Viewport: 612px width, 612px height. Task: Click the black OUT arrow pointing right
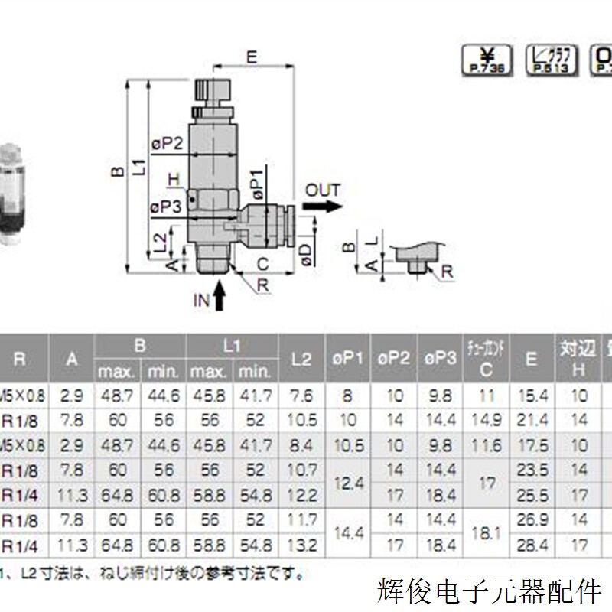click(321, 207)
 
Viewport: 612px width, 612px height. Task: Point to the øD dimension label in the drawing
click(306, 255)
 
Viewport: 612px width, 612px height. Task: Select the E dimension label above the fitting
click(251, 56)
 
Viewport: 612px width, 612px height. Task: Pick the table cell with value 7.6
click(302, 396)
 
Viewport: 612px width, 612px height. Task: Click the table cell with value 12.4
click(348, 483)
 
